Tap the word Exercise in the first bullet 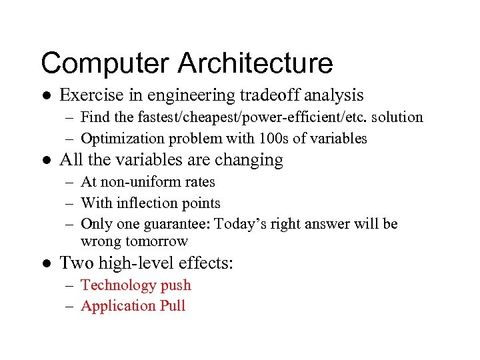[91, 95]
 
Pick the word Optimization [123, 139]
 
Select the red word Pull [173, 306]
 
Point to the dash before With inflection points [70, 203]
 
